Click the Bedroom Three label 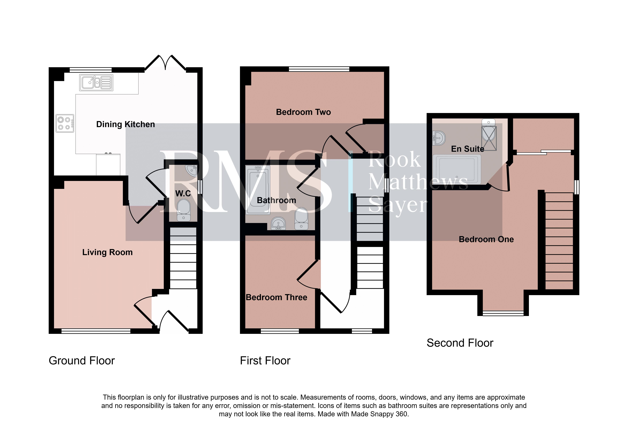tap(276, 297)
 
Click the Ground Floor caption tap(82, 361)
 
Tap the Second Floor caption tap(460, 343)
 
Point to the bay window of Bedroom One tap(503, 313)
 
